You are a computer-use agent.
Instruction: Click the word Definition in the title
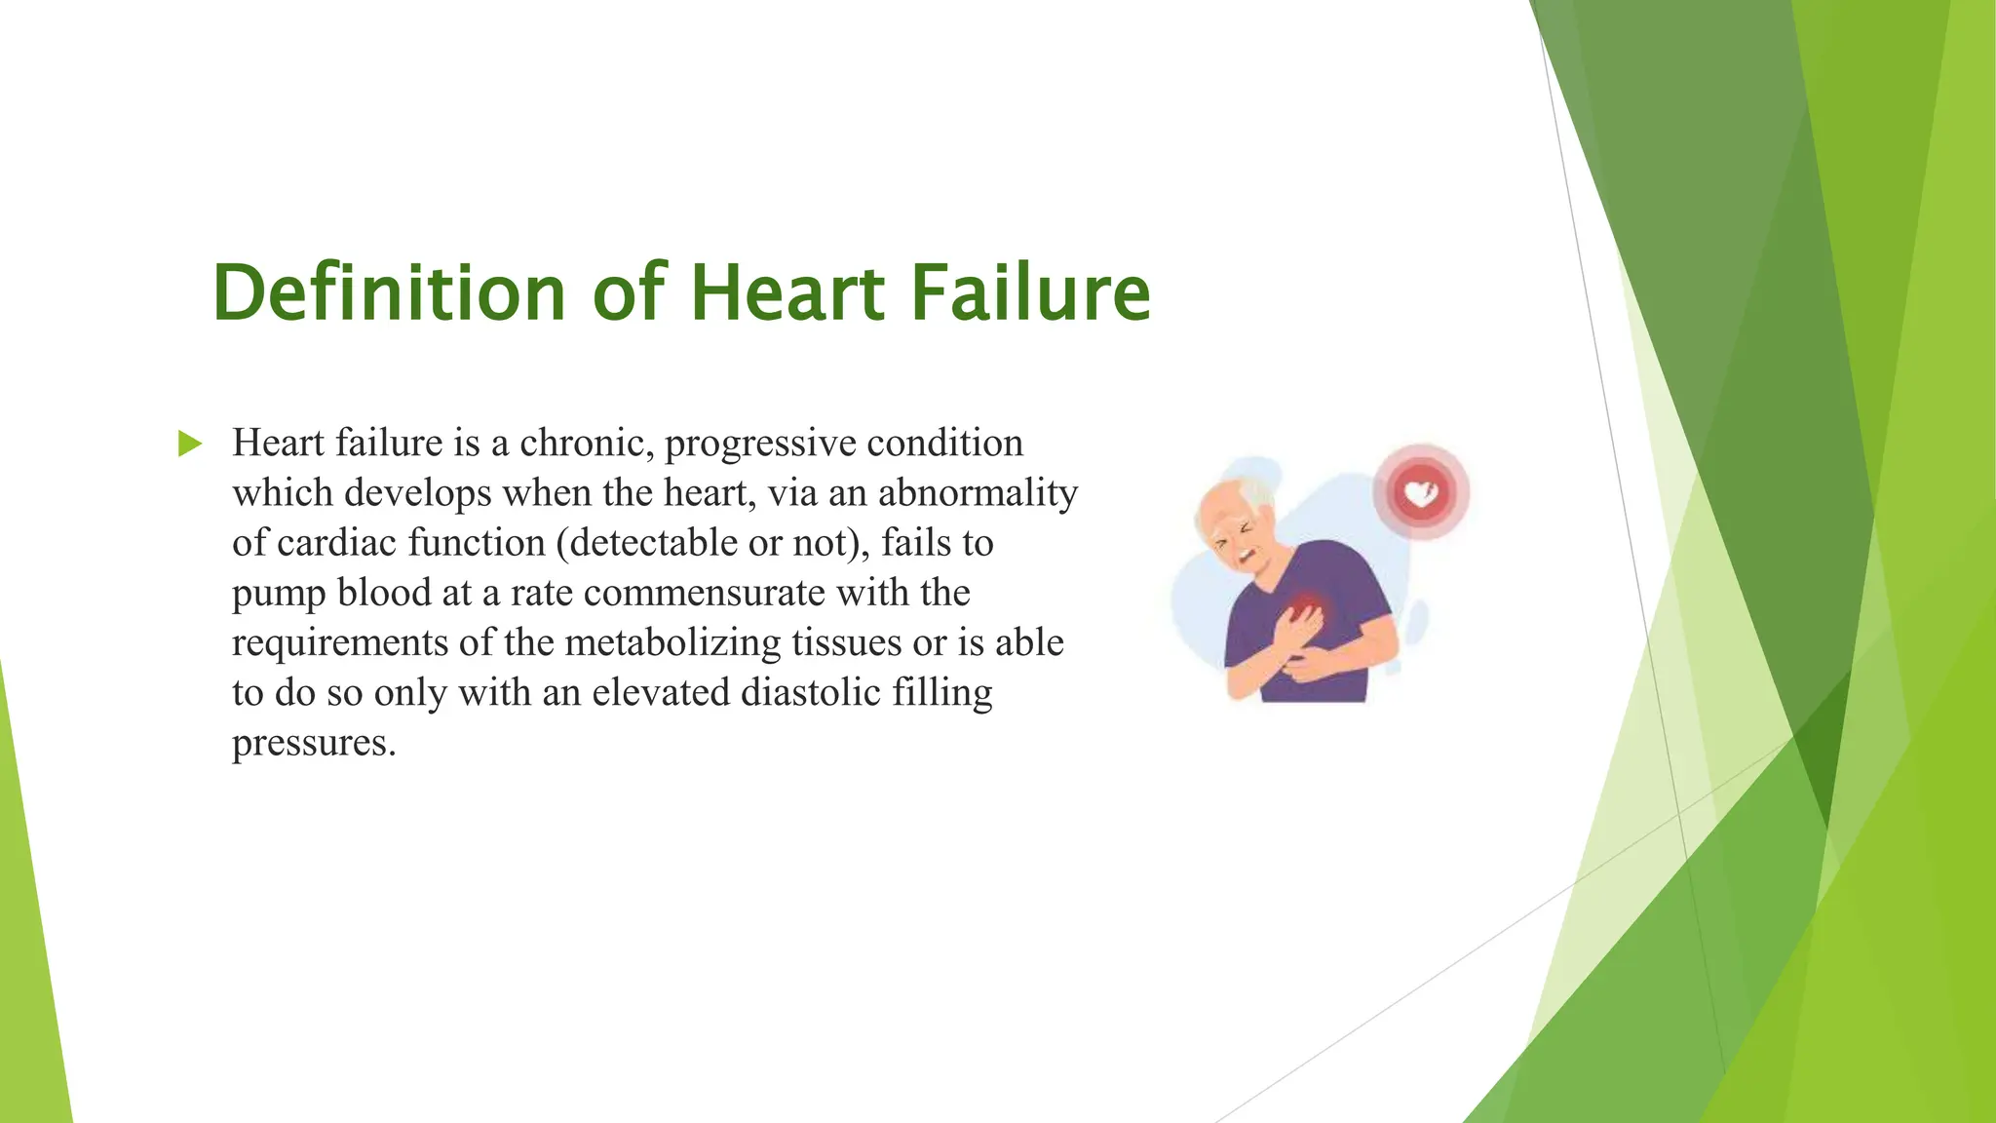click(389, 292)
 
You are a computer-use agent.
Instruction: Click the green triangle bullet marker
click(190, 445)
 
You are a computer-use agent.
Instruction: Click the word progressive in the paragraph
click(760, 445)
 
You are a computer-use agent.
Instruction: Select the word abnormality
click(978, 493)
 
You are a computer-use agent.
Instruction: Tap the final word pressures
click(314, 743)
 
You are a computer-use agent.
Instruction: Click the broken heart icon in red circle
click(1421, 493)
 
